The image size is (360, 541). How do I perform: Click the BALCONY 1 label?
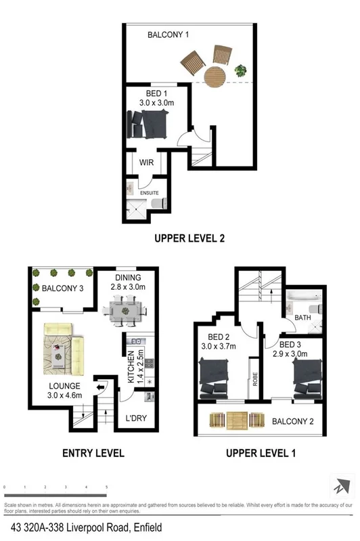click(168, 35)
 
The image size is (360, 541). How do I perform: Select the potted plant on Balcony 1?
click(240, 69)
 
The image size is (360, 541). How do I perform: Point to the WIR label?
click(147, 163)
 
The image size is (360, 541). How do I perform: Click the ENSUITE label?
click(149, 192)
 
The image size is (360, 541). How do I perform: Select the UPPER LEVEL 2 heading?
click(189, 238)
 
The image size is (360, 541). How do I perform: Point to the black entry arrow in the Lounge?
click(101, 387)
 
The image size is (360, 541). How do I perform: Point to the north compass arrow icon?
click(340, 486)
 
